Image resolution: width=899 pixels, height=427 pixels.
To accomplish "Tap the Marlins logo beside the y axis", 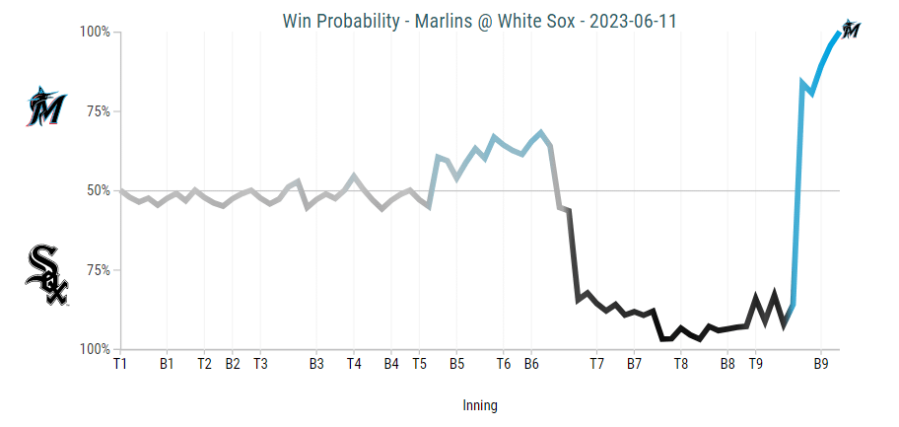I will point(45,107).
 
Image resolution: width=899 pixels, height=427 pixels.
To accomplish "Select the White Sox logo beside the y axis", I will point(46,275).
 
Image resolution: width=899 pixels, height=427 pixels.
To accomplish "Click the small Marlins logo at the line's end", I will point(851,29).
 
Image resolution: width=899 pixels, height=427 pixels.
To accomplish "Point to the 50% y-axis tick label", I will point(97,190).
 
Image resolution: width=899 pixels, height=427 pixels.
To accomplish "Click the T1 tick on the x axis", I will point(119,364).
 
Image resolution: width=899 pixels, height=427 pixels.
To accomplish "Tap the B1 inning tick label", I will point(167,364).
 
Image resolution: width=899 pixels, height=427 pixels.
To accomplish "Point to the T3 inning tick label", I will point(260,364).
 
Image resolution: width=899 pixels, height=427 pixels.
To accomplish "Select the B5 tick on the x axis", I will point(457,364).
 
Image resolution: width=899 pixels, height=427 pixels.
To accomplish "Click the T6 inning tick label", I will point(503,364).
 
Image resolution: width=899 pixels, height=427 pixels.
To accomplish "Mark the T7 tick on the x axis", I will point(596,364).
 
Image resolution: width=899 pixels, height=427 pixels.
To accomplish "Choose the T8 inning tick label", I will point(681,364).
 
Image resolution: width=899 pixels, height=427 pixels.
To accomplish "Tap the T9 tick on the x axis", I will point(755,364).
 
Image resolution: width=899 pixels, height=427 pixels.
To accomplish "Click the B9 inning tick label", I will point(820,364).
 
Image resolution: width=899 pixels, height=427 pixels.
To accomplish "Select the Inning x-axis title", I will point(480,405).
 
